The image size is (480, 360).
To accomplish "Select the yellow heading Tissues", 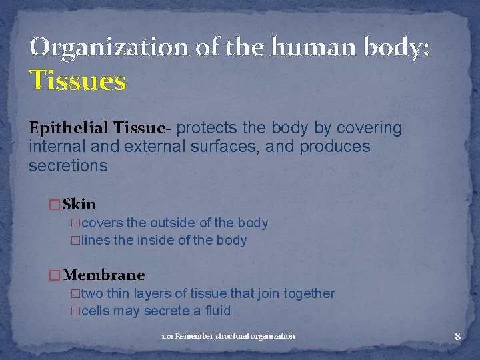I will (x=77, y=81).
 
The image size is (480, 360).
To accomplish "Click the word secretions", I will (x=67, y=165).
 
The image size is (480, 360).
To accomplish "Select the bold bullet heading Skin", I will (x=79, y=204).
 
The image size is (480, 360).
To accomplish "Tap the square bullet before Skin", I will (x=55, y=205).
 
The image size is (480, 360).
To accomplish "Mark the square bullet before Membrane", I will (x=55, y=275).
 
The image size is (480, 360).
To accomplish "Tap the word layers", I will (x=153, y=293).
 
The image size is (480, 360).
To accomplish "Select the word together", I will (x=308, y=293).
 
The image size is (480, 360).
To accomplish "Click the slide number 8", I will (x=457, y=336).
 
